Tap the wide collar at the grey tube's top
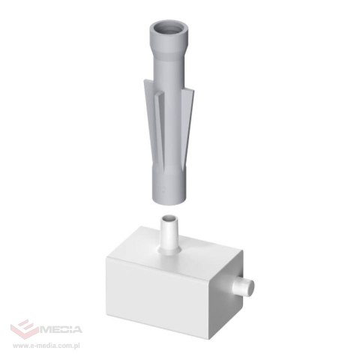(x=168, y=37)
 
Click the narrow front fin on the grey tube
(x=159, y=130)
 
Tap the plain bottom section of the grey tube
(x=169, y=186)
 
